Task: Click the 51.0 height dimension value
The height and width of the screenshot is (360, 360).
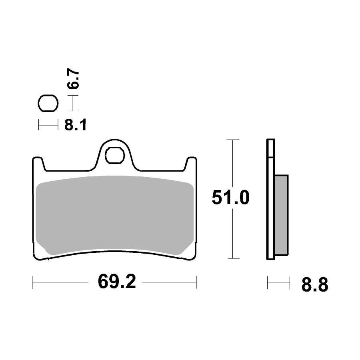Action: pyautogui.click(x=231, y=198)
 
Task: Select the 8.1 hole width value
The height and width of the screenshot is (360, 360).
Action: pyautogui.click(x=76, y=125)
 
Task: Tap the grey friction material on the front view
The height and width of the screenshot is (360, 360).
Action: pyautogui.click(x=115, y=216)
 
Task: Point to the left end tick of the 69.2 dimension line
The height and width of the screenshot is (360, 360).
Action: pyautogui.click(x=33, y=282)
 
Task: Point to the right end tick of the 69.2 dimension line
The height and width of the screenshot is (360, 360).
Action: pyautogui.click(x=197, y=282)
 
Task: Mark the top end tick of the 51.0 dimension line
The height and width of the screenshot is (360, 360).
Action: pyautogui.click(x=233, y=140)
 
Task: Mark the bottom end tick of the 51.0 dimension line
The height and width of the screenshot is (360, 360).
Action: pyautogui.click(x=233, y=258)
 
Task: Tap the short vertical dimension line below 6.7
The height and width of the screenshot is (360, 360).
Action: pyautogui.click(x=72, y=104)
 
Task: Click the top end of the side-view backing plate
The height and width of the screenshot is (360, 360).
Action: pyautogui.click(x=270, y=141)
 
